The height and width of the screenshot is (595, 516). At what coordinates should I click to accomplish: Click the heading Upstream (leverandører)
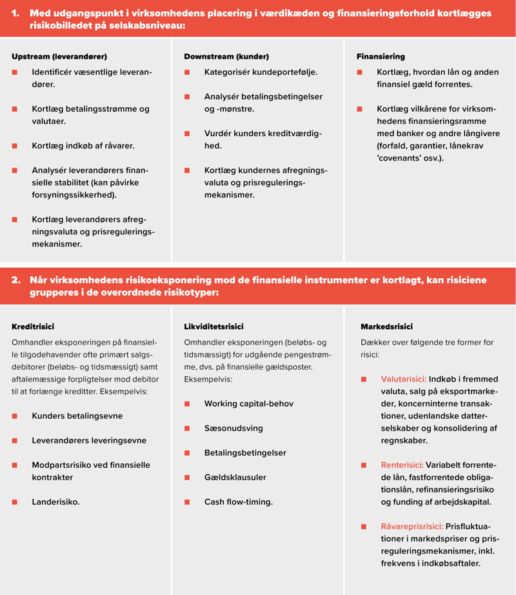pyautogui.click(x=59, y=57)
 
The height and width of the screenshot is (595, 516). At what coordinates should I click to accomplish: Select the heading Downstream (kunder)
pyautogui.click(x=226, y=57)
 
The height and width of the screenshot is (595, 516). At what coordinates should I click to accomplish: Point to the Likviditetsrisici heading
pyautogui.click(x=213, y=327)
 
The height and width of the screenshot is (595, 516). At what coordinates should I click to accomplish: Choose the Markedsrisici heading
pyautogui.click(x=386, y=327)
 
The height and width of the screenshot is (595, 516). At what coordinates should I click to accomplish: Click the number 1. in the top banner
pyautogui.click(x=17, y=14)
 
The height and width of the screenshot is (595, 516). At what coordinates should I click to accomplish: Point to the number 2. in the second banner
pyautogui.click(x=17, y=280)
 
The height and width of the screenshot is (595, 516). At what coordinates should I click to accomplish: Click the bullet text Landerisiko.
pyautogui.click(x=55, y=501)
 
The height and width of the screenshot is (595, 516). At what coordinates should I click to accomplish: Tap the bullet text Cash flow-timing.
pyautogui.click(x=239, y=501)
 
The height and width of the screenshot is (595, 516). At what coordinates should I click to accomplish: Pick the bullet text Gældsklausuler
pyautogui.click(x=235, y=477)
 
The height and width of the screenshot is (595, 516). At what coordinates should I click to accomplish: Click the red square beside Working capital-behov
pyautogui.click(x=187, y=404)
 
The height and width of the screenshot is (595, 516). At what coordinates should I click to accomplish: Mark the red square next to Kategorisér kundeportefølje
pyautogui.click(x=187, y=72)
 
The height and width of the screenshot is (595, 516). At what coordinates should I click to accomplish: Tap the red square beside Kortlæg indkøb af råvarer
pyautogui.click(x=15, y=146)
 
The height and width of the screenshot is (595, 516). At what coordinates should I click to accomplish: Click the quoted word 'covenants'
pyautogui.click(x=400, y=158)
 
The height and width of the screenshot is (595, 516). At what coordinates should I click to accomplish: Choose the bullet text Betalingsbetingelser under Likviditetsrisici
pyautogui.click(x=245, y=452)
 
